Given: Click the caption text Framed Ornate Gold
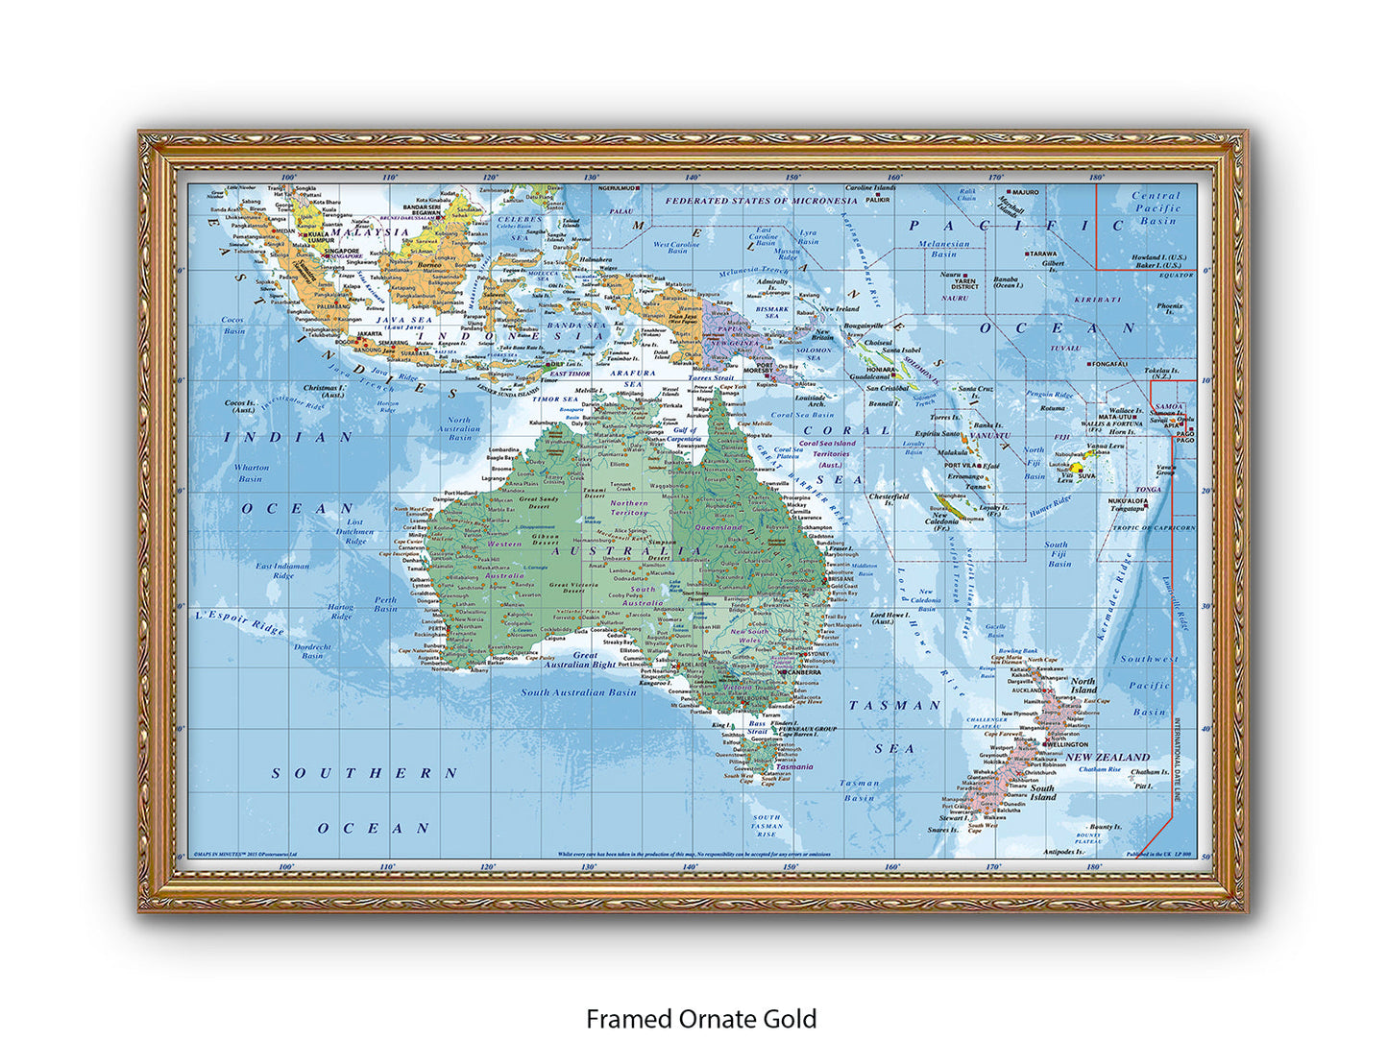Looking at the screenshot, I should click(x=701, y=1018).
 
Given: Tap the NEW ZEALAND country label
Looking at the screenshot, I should click(x=1108, y=757).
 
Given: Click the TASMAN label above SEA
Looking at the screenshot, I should click(x=893, y=705).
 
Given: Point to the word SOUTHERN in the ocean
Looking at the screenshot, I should click(x=364, y=773).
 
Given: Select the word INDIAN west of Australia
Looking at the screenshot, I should click(x=289, y=437).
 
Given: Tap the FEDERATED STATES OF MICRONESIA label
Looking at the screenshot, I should click(x=761, y=201).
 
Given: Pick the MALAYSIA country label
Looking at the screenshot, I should click(x=371, y=232).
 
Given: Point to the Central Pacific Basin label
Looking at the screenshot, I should click(x=1157, y=207).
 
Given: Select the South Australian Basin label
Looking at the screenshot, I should click(x=578, y=692).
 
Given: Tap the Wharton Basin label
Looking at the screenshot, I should click(x=252, y=472).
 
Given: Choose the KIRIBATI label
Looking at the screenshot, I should click(x=1097, y=300).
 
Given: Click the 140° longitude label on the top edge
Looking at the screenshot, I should click(x=692, y=178).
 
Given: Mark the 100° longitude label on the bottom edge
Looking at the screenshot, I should click(x=286, y=866).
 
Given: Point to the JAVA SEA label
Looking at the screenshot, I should click(x=403, y=320).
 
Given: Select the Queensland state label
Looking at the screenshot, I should click(x=719, y=527).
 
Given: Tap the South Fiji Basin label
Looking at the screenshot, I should click(x=1058, y=554).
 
